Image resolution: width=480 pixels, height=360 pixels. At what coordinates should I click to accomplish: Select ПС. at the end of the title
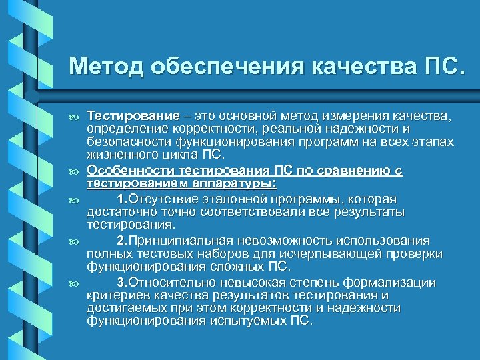[439, 67]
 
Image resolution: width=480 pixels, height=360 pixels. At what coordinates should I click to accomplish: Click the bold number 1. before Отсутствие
[122, 200]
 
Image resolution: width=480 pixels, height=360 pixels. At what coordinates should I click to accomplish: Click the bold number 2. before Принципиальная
[122, 241]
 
